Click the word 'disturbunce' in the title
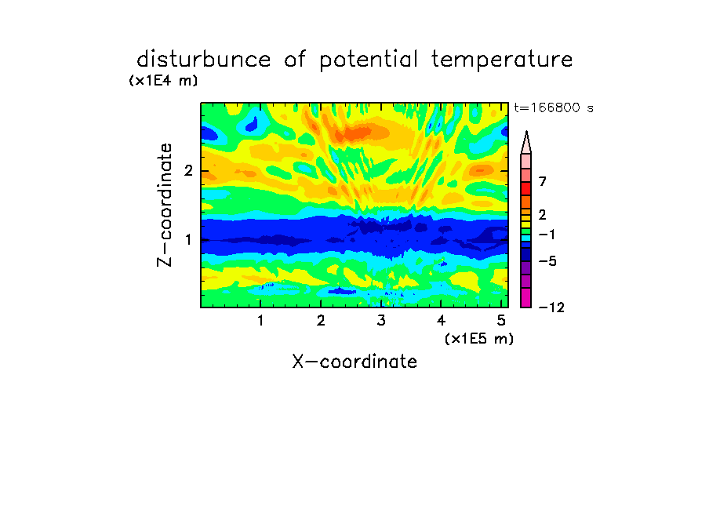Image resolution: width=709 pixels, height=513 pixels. [204, 60]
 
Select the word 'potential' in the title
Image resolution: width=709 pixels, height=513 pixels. [368, 60]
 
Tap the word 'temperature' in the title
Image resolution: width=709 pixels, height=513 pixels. [502, 60]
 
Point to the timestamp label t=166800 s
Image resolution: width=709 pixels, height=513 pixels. [554, 108]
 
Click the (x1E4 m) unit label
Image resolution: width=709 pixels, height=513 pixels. [164, 81]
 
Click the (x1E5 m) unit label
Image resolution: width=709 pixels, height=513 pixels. [479, 338]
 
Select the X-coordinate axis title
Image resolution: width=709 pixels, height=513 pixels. [354, 362]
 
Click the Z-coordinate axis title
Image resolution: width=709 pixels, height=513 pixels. [165, 205]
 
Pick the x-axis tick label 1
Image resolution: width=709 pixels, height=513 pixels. [260, 321]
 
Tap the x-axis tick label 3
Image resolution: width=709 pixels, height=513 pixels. [381, 321]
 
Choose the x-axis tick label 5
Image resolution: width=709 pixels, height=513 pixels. [501, 321]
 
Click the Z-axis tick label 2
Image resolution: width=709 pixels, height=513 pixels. [188, 171]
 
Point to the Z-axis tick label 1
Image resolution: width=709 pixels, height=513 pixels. [188, 240]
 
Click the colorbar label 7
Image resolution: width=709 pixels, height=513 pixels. [543, 182]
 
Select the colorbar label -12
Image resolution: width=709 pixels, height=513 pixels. [551, 308]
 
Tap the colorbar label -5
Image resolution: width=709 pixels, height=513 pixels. [547, 261]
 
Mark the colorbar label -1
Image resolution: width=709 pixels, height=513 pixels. [547, 235]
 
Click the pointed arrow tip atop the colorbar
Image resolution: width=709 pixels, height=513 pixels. [526, 132]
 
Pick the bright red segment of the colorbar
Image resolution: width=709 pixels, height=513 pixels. [526, 188]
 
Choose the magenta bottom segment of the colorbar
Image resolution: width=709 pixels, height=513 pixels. [526, 297]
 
